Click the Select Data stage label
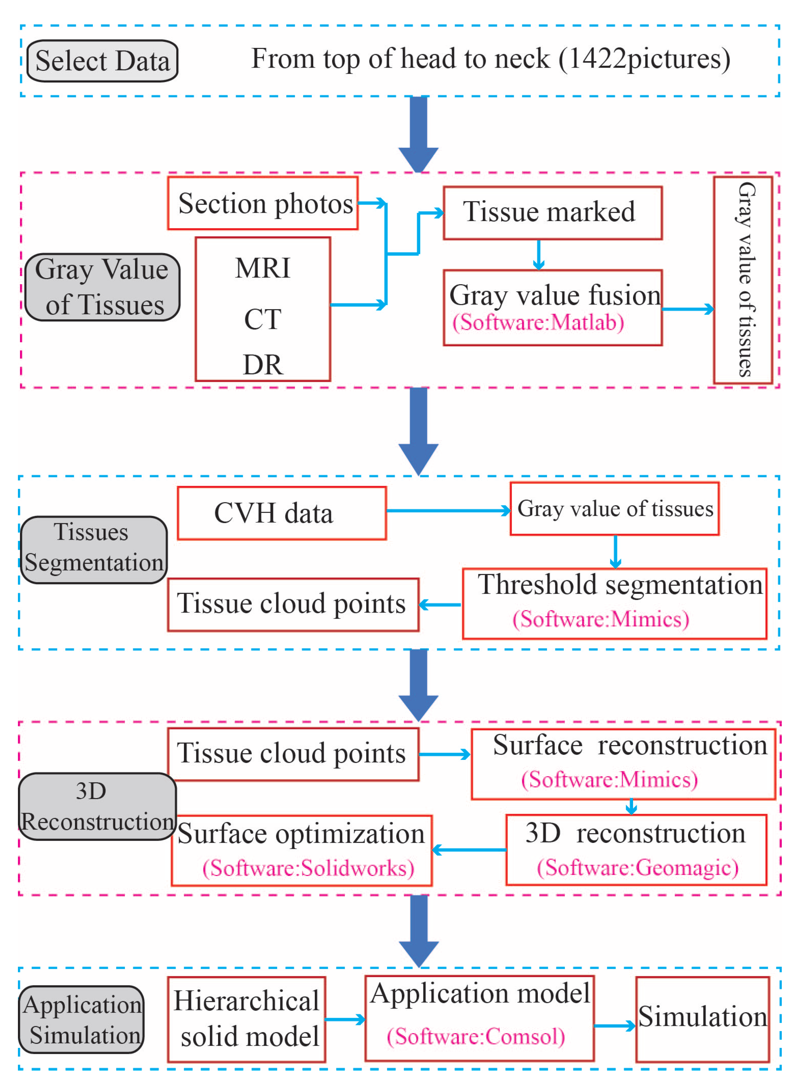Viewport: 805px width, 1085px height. click(102, 61)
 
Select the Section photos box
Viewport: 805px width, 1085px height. click(263, 203)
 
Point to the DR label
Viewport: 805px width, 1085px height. click(263, 365)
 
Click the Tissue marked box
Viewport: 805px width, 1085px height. click(553, 213)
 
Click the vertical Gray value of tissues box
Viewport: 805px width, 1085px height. click(743, 280)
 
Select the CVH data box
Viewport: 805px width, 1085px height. click(282, 513)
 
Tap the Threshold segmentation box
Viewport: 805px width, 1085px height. click(615, 603)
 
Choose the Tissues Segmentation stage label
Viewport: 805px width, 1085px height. click(93, 550)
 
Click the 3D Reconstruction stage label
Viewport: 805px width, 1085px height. click(98, 806)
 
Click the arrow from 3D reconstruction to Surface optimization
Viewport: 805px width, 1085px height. click(469, 850)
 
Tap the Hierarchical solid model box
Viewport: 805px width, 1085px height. click(247, 1019)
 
